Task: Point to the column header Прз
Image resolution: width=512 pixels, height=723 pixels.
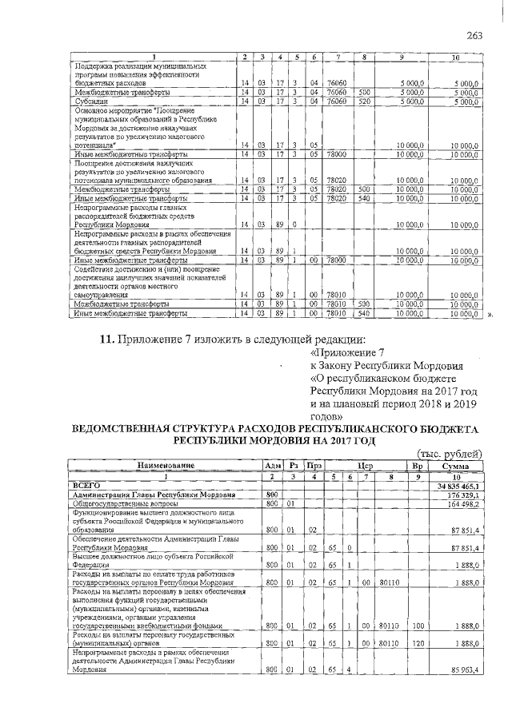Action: coord(314,465)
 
